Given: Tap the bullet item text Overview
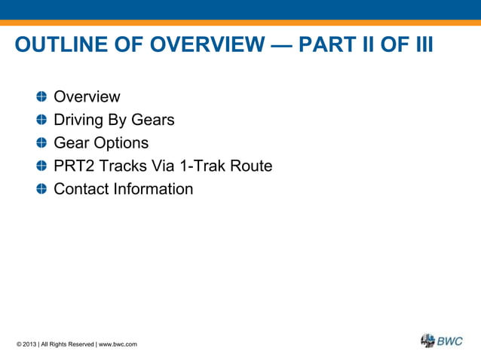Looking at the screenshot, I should coord(87,97).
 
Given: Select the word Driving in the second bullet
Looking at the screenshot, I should coord(78,121).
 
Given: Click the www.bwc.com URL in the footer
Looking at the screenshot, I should coord(118,344).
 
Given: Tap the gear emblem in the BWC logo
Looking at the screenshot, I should coord(427,340).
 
